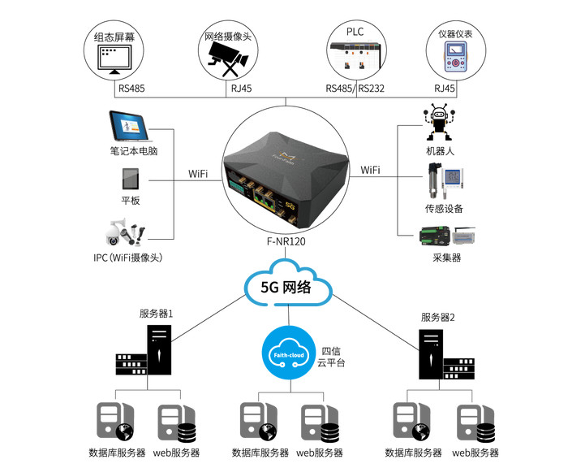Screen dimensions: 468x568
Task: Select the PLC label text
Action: click(355, 32)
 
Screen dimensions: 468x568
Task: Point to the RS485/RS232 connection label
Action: click(355, 88)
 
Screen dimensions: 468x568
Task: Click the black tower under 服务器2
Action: click(432, 354)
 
